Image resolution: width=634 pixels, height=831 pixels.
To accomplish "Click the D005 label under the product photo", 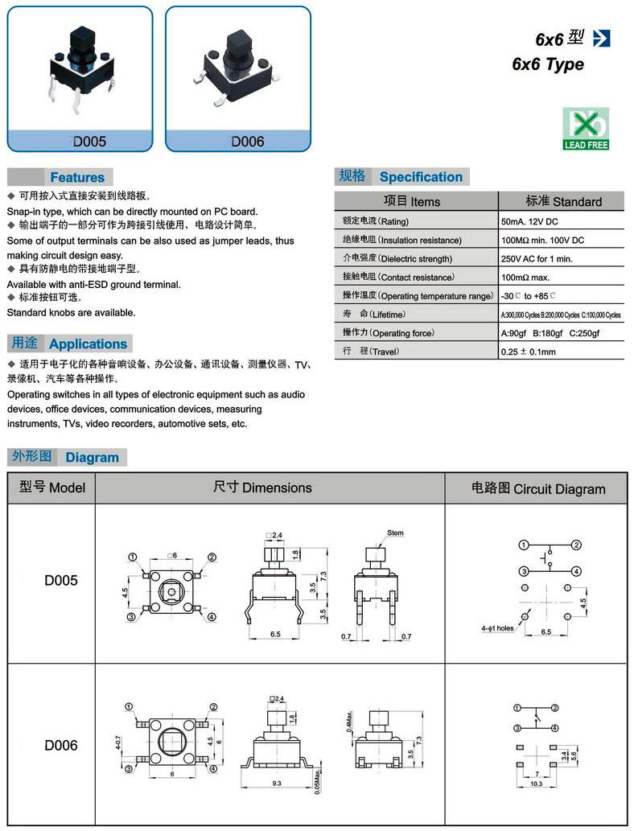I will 89,142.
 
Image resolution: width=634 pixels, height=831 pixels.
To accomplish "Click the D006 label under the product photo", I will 247,142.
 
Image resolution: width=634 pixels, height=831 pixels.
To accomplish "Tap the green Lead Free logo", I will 586,129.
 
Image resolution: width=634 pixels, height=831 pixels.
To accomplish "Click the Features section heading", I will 77,177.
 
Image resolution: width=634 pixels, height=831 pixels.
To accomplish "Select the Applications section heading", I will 88,344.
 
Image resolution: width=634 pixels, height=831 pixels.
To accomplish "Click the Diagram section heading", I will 92,457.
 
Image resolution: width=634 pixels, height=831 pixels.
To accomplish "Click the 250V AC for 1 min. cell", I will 537,258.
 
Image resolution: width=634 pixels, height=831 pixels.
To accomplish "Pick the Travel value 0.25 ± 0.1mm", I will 528,352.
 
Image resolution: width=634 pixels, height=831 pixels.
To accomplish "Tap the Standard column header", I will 563,201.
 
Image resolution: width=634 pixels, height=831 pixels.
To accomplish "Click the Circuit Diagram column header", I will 537,488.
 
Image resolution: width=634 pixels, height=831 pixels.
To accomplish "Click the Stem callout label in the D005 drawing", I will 395,533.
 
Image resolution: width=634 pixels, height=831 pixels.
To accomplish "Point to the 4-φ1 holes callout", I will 497,627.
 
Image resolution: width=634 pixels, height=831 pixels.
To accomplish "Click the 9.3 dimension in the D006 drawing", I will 278,782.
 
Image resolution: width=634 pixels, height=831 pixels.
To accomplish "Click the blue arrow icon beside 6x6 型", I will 601,38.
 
